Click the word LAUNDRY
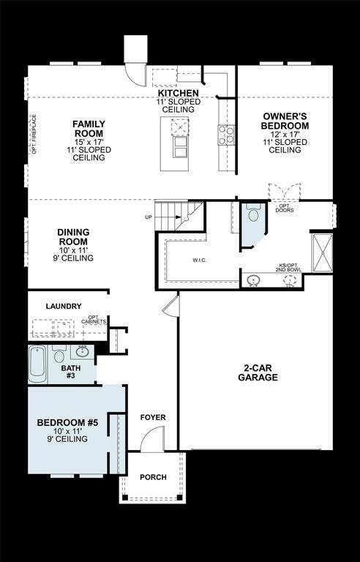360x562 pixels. (x=63, y=307)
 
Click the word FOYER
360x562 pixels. (x=153, y=418)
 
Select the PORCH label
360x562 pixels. (x=153, y=478)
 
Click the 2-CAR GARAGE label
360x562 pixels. (x=257, y=372)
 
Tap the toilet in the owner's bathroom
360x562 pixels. (x=254, y=214)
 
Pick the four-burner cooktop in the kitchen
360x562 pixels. (x=225, y=134)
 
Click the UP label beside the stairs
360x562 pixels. (x=149, y=217)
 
